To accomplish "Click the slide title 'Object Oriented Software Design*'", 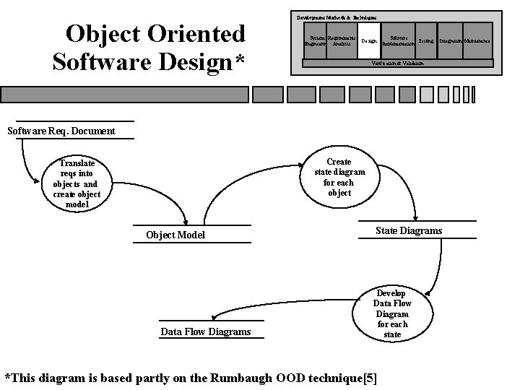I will click(149, 46).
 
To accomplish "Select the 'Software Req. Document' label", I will click(61, 131).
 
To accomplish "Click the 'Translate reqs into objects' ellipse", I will click(77, 184).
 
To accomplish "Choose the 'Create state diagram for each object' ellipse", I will click(339, 178).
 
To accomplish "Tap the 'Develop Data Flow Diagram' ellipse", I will click(391, 314).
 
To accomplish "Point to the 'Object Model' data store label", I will click(175, 235).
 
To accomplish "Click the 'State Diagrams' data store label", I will click(409, 231).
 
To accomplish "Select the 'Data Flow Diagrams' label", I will click(205, 331).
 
